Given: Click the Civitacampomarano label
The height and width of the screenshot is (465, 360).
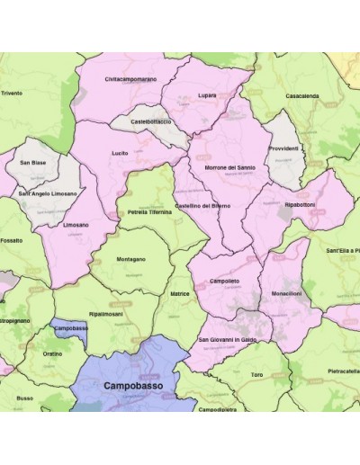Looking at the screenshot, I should click(130, 79).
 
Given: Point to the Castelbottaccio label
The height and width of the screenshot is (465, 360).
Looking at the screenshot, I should click(150, 121).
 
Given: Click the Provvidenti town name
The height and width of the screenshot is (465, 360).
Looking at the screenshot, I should click(283, 148).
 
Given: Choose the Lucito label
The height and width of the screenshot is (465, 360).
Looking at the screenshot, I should click(119, 153).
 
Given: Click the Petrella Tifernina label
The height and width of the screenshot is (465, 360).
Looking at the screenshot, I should click(149, 212).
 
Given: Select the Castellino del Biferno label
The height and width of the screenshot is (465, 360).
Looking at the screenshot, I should click(202, 206).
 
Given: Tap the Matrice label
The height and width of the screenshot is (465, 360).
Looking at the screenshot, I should click(179, 293).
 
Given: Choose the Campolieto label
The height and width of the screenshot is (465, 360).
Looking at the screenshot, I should click(225, 282).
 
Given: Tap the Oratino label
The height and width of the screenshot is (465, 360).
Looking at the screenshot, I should click(52, 353).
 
